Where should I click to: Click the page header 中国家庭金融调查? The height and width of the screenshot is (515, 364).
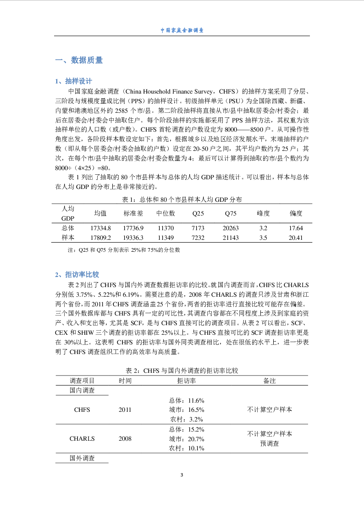click(182, 30)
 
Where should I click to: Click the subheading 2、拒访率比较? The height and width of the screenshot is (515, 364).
click(77, 275)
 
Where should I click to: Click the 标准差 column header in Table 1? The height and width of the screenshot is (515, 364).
click(133, 213)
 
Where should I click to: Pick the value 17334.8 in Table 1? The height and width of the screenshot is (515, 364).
click(100, 228)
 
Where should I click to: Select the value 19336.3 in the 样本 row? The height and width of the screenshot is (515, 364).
click(133, 238)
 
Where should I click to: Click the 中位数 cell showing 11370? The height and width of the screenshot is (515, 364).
click(165, 228)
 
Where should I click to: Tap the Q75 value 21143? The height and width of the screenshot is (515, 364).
click(231, 238)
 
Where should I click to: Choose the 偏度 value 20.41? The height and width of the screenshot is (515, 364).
click(296, 238)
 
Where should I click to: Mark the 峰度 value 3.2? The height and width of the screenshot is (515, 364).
click(263, 228)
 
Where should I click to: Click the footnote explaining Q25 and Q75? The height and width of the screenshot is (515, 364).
click(123, 250)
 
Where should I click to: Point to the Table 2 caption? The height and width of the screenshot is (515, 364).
click(182, 371)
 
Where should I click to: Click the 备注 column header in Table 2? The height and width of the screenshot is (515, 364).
click(270, 381)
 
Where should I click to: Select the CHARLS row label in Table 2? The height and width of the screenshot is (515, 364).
click(82, 438)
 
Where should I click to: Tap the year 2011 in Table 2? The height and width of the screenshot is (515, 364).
click(125, 410)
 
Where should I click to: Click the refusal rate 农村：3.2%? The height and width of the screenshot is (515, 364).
click(187, 419)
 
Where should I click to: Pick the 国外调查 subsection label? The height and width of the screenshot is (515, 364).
click(82, 458)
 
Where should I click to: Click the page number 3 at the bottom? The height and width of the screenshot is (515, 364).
click(182, 474)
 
